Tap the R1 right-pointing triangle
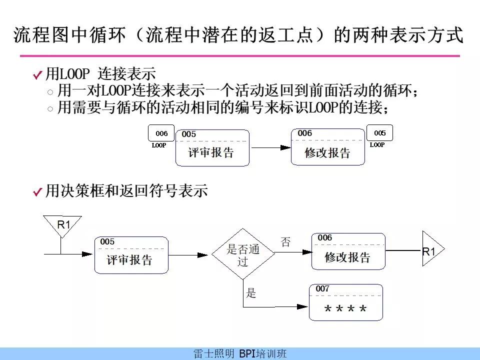[x=432, y=249]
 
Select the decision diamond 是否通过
[x=243, y=254]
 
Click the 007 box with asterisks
[x=346, y=302]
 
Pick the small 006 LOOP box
[x=161, y=133]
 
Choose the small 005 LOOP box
[x=379, y=132]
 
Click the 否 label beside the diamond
[x=285, y=242]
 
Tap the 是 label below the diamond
[x=251, y=293]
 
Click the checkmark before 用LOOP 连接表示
[x=37, y=74]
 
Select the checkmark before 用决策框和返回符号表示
[x=37, y=191]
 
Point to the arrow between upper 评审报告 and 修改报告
[x=271, y=148]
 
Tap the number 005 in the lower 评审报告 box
[x=107, y=241]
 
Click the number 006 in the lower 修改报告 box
[x=325, y=237]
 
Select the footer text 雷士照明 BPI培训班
[x=240, y=353]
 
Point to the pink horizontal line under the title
[x=240, y=56]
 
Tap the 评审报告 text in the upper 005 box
[x=211, y=152]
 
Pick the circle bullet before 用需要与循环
[x=50, y=108]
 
